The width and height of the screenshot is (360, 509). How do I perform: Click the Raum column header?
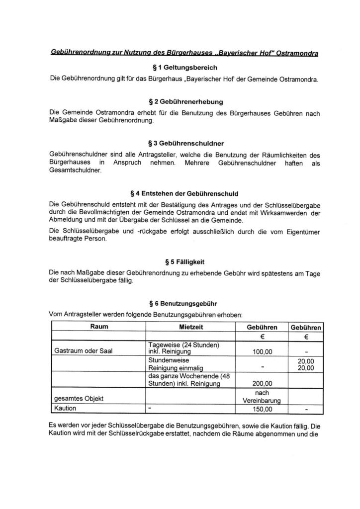coord(99,327)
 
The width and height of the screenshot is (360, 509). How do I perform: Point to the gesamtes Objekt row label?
coord(77,399)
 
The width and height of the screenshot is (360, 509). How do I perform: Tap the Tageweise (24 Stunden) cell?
coord(185,345)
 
